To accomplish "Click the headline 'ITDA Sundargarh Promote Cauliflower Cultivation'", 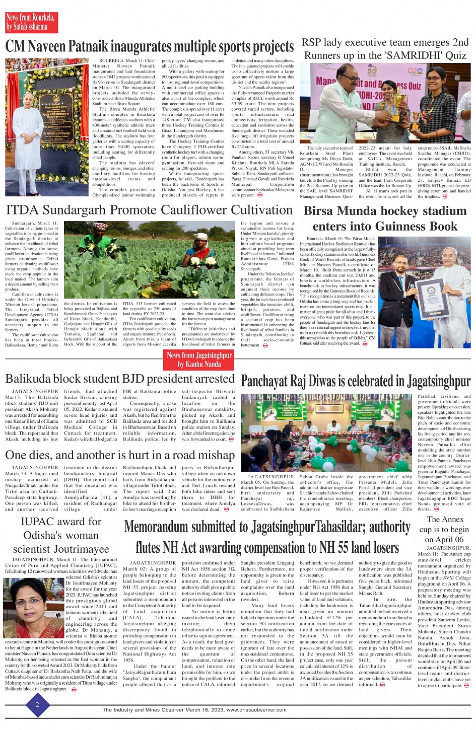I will point(149,210).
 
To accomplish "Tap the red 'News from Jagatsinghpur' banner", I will point(199,359).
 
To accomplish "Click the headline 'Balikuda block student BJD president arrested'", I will point(120,379).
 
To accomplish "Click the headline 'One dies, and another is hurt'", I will point(120,455).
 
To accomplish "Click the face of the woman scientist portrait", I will point(29,600).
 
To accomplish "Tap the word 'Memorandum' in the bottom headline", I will point(173,528).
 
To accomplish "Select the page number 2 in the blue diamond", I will point(37,705).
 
